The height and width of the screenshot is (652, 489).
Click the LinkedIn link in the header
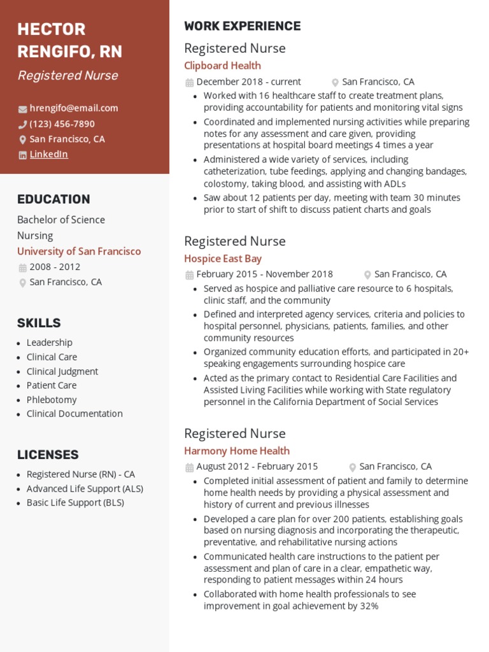[x=48, y=154]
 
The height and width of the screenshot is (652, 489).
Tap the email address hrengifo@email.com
[x=73, y=108]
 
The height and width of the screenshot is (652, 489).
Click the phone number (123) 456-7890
[x=62, y=124]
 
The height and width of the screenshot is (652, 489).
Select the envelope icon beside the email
[x=23, y=109]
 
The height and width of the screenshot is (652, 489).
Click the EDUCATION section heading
[x=53, y=199]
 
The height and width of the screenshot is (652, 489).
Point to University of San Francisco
[x=79, y=252]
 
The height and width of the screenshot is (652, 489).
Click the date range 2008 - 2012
[x=55, y=267]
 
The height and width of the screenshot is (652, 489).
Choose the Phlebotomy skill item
[x=52, y=400]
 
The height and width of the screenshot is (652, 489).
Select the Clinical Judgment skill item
[x=62, y=371]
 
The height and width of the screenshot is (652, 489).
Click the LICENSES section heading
[x=48, y=455]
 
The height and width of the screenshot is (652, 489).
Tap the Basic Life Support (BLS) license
[x=75, y=502]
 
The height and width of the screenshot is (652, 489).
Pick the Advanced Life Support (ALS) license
[x=85, y=488]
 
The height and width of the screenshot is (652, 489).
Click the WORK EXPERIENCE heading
[x=242, y=26]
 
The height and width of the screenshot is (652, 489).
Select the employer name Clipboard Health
[x=222, y=66]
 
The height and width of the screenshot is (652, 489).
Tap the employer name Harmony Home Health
[x=237, y=451]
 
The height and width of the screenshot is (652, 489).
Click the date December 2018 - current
[x=248, y=81]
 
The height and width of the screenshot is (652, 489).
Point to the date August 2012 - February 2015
[x=257, y=466]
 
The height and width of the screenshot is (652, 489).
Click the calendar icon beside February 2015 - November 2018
[x=189, y=275]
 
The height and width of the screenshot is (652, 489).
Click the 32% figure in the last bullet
[x=369, y=606]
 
